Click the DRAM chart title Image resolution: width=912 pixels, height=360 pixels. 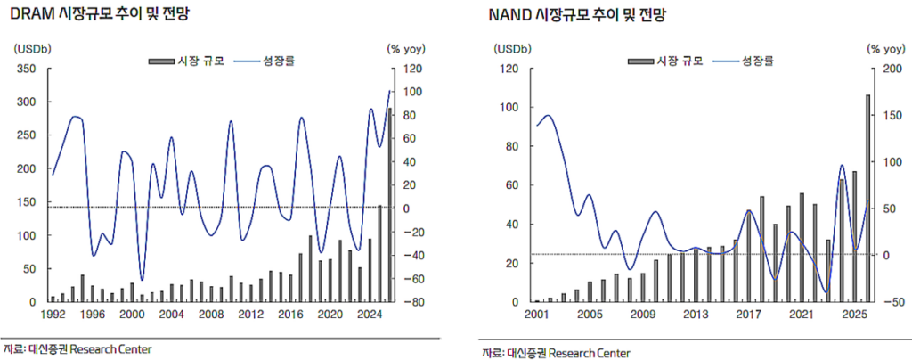click(98, 15)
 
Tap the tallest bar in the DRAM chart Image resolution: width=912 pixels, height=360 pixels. click(389, 205)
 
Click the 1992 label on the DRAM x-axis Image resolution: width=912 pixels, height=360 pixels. click(52, 315)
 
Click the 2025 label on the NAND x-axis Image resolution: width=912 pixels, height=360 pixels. click(853, 315)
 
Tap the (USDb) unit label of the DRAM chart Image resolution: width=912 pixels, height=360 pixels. click(35, 48)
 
